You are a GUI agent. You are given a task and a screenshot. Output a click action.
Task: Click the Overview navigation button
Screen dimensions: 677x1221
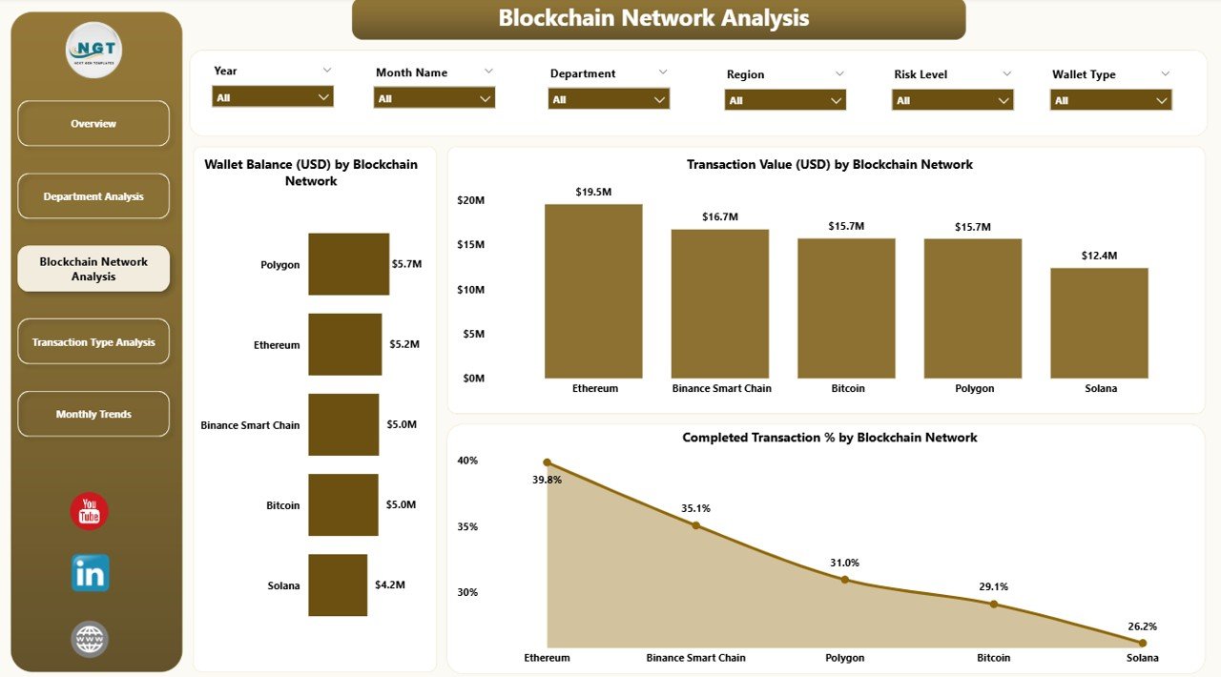tap(93, 124)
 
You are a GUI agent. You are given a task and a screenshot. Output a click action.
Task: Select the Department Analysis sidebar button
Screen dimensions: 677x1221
tap(93, 196)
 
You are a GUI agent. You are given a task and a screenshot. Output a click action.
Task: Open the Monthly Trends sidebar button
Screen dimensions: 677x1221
tap(93, 414)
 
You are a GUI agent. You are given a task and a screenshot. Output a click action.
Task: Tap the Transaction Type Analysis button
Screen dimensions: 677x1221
tap(93, 342)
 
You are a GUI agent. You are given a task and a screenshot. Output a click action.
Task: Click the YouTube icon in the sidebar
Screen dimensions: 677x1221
tap(90, 511)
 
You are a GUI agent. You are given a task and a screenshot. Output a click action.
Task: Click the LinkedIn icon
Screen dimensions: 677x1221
tap(90, 573)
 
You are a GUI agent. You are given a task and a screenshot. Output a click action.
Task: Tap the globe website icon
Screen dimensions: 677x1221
tap(90, 639)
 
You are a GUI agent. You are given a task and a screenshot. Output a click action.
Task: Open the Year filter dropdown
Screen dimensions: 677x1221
tap(273, 97)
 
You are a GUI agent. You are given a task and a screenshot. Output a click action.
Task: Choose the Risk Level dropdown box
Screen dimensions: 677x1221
tap(952, 100)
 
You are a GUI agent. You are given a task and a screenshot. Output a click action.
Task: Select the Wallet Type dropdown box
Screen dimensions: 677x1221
tap(1110, 100)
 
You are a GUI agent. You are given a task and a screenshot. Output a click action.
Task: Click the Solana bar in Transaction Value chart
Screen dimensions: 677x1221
tap(1099, 322)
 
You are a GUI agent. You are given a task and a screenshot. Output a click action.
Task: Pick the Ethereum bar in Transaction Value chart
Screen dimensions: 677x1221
tap(593, 291)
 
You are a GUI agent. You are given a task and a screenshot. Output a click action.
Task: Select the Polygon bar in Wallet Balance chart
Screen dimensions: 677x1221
tap(348, 264)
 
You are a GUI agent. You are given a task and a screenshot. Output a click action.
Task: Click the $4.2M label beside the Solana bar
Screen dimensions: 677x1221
tap(390, 585)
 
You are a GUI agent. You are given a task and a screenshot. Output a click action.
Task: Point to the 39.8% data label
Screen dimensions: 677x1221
tap(547, 481)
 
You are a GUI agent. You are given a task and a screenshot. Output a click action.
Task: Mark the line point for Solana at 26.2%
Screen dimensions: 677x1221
tap(1142, 644)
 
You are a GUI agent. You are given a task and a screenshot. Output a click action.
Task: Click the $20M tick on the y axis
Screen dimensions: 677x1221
tap(471, 200)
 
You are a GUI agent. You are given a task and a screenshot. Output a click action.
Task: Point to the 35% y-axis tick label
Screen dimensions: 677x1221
tap(467, 526)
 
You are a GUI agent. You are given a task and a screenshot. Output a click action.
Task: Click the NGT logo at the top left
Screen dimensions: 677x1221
tap(93, 50)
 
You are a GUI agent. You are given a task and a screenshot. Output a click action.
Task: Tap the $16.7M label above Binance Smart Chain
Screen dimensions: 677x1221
tap(719, 216)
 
